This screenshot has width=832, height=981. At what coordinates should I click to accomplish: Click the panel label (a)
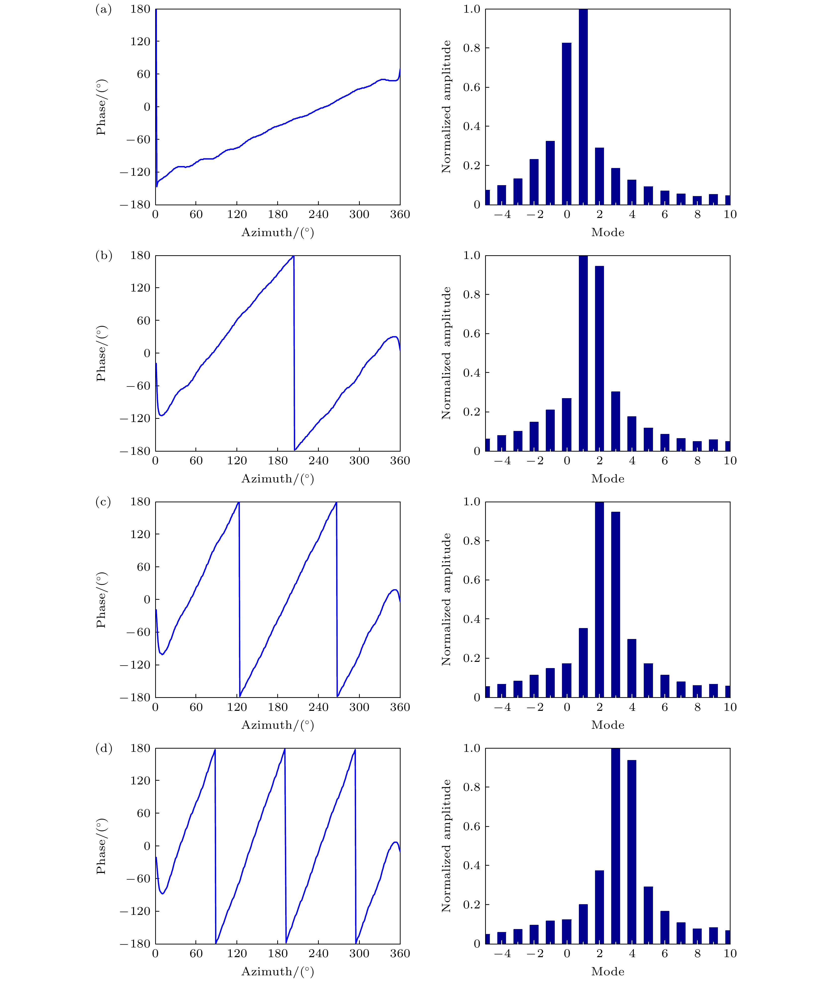click(x=103, y=9)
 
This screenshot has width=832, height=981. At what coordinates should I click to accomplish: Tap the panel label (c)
click(x=103, y=502)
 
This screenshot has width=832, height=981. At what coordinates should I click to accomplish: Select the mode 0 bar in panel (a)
click(x=566, y=124)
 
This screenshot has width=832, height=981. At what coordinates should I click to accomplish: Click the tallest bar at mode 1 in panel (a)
click(x=583, y=107)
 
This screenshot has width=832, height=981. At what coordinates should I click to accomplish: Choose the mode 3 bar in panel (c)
click(x=615, y=604)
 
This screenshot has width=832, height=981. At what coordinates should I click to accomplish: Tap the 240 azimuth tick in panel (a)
click(x=318, y=214)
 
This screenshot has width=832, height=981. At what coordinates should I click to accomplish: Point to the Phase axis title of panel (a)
click(x=101, y=107)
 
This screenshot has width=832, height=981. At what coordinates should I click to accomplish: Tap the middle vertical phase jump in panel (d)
click(x=285, y=846)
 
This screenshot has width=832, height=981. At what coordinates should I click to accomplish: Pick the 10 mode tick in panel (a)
click(x=730, y=214)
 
